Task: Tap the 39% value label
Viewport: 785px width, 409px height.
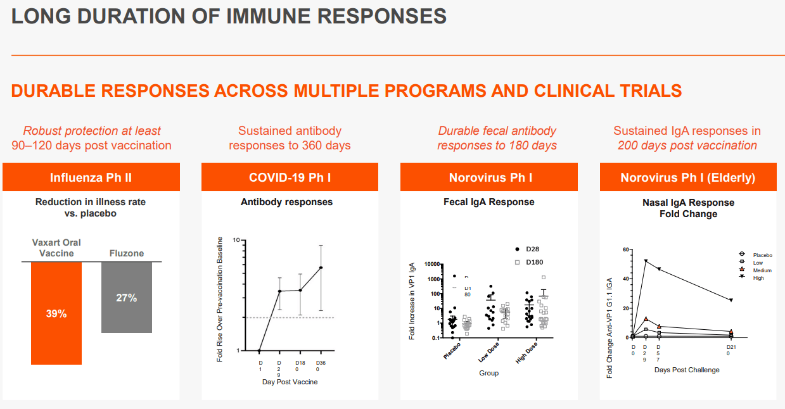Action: [x=56, y=313]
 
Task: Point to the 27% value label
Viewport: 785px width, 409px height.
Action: [x=127, y=298]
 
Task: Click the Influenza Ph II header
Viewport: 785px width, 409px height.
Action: [x=91, y=177]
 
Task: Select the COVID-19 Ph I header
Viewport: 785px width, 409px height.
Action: [x=290, y=177]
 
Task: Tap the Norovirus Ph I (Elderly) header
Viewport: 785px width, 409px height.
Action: [x=688, y=177]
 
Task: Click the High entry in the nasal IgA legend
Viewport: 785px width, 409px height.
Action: [x=758, y=278]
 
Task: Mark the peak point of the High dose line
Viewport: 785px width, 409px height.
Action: [x=646, y=261]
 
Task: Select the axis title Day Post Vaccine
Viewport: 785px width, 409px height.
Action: [x=290, y=382]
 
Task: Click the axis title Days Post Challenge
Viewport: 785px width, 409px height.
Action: [x=687, y=370]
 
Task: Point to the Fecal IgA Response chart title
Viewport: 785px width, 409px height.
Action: [x=488, y=202]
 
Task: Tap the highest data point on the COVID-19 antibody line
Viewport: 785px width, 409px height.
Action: [x=321, y=267]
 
